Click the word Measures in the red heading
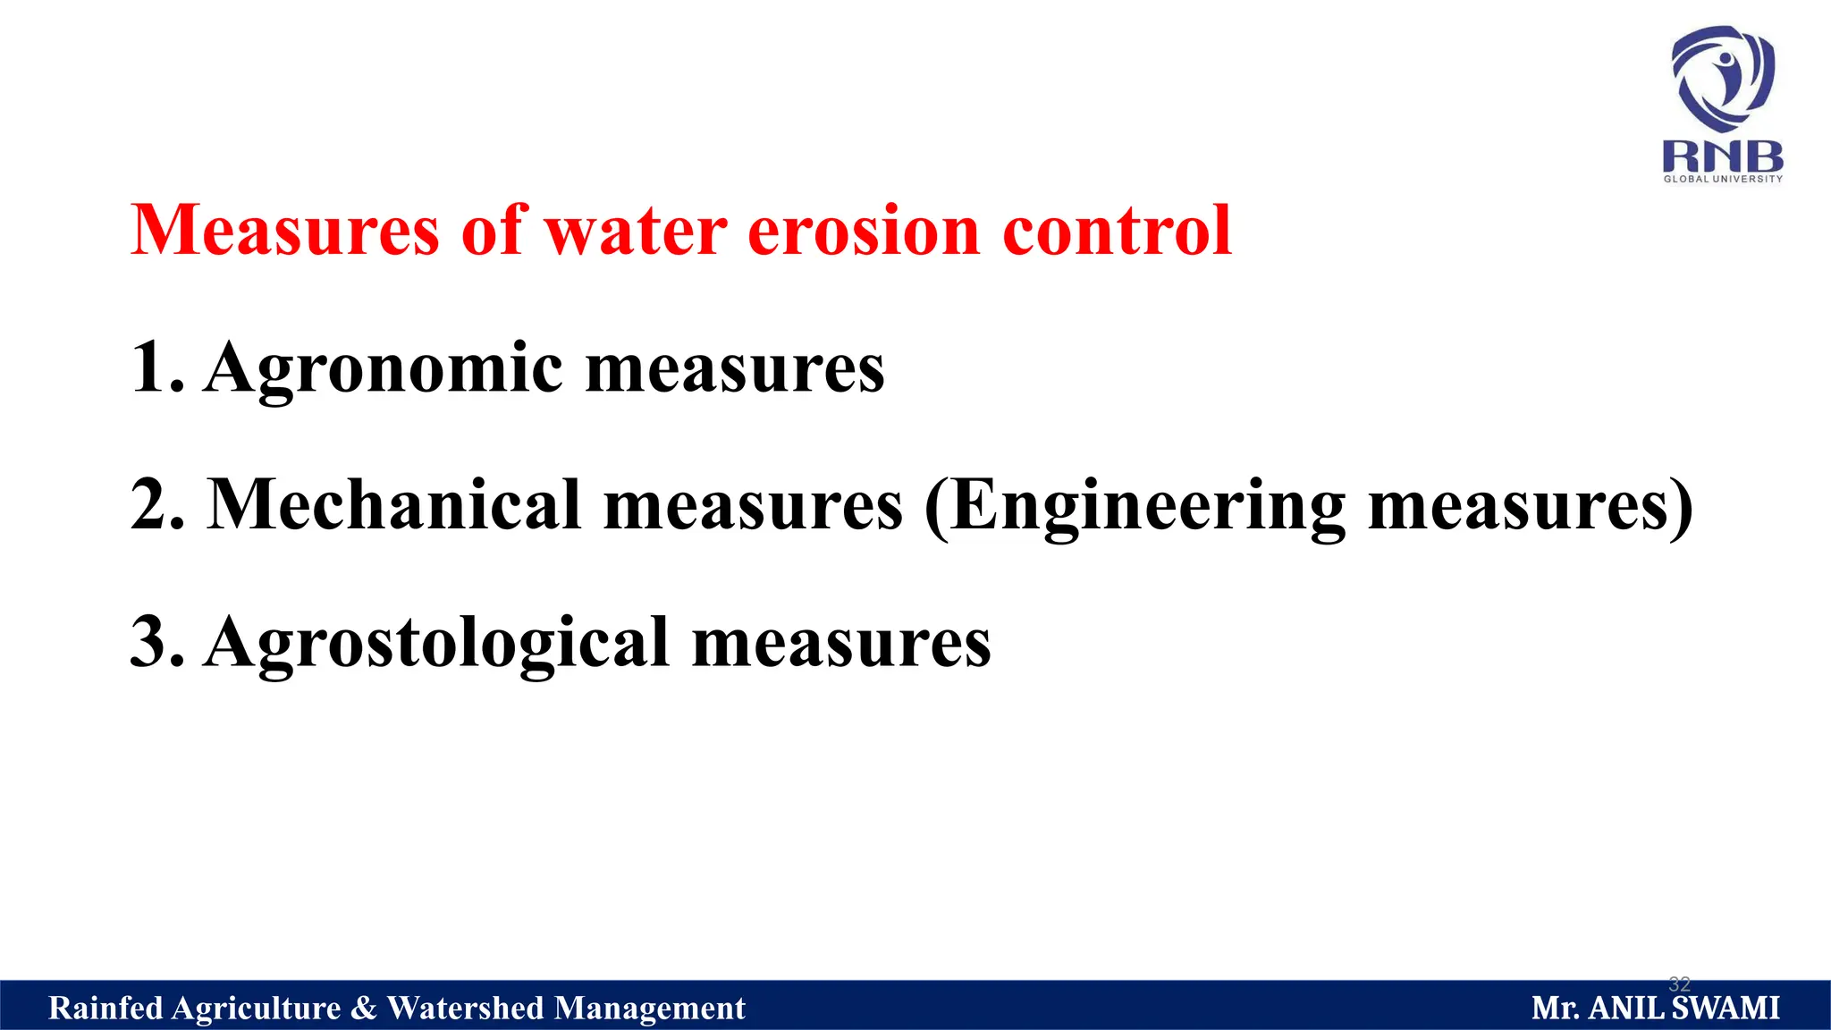tap(285, 231)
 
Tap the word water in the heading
tap(636, 231)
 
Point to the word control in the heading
tap(1117, 231)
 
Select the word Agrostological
tap(437, 644)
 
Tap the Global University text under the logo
tap(1723, 179)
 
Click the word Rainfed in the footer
tap(105, 1009)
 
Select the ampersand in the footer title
tap(364, 1009)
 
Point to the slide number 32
tap(1680, 984)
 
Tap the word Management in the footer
tap(649, 1009)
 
